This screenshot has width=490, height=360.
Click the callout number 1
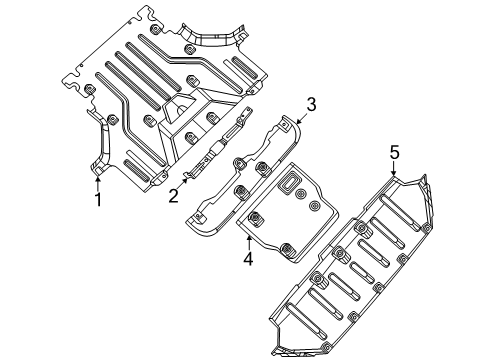coord(97,199)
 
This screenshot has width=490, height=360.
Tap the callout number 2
coord(172,196)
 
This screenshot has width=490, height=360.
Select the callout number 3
coord(311,104)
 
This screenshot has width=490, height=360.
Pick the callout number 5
coord(394,153)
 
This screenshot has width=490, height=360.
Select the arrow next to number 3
coord(299,118)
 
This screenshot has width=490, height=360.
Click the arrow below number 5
coord(394,171)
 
